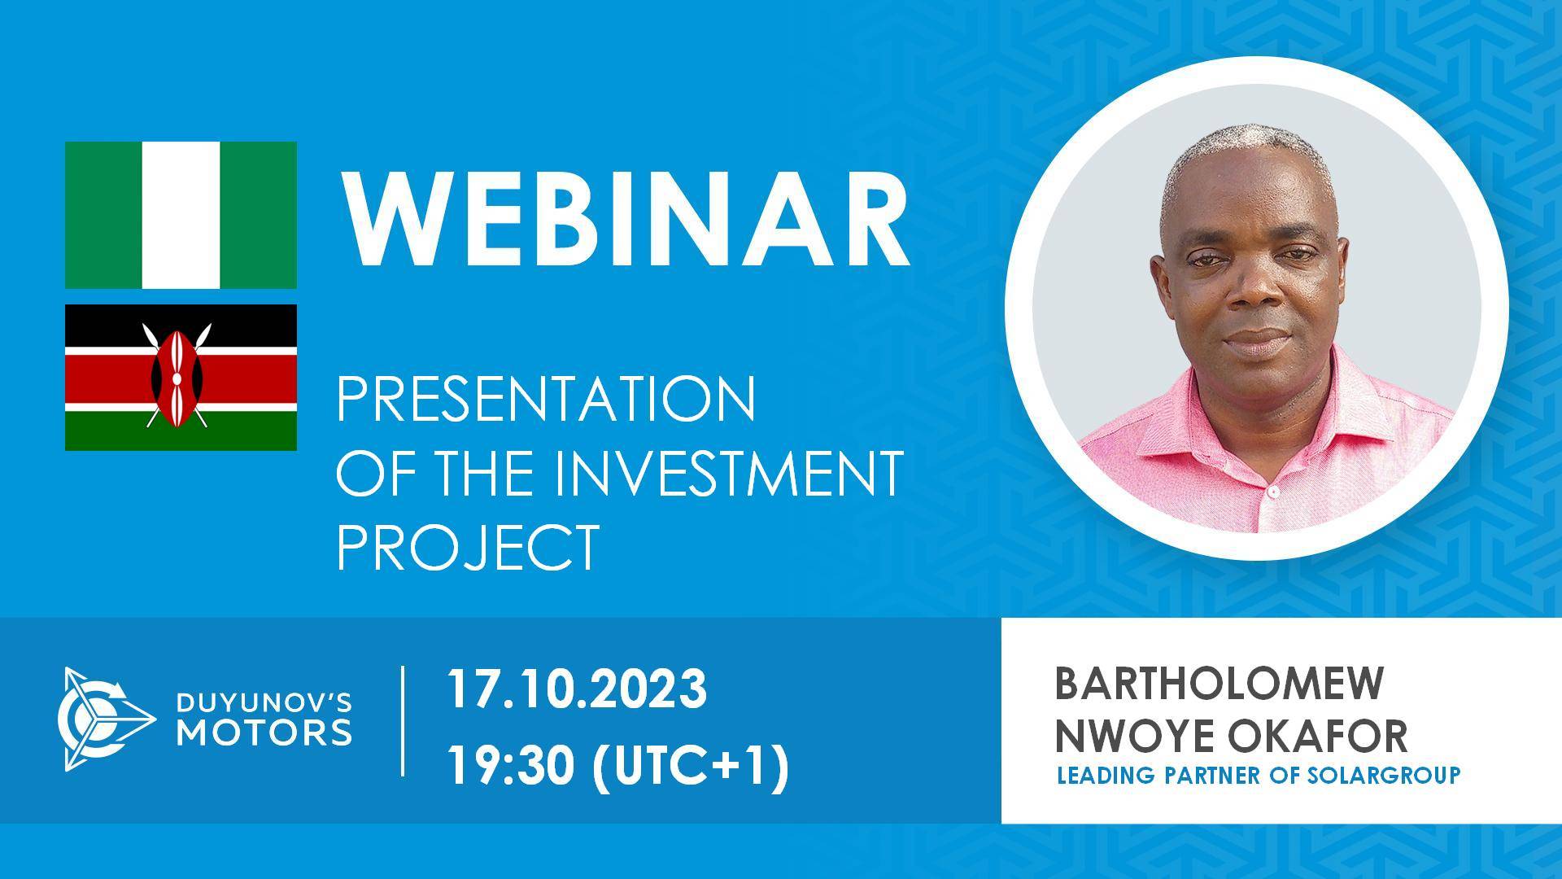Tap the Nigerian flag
coord(181,215)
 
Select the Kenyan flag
coord(181,378)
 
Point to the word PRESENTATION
coord(546,399)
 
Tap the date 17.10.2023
coord(577,689)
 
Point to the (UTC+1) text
coord(693,765)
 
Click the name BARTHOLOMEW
coord(1218,685)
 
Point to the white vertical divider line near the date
coord(404,720)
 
